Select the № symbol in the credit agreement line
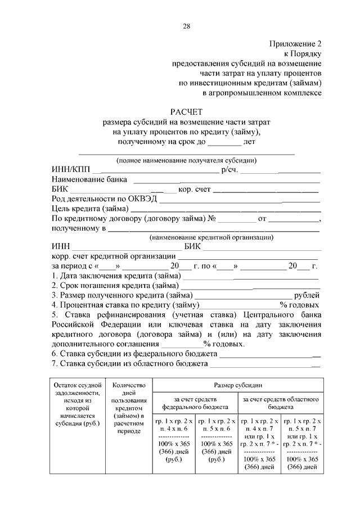pyautogui.click(x=213, y=218)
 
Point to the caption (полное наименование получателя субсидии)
pyautogui.click(x=186, y=160)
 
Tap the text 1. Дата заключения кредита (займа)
pyautogui.click(x=116, y=276)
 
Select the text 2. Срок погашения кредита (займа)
pyautogui.click(x=116, y=286)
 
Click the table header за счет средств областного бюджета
pyautogui.click(x=281, y=402)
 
